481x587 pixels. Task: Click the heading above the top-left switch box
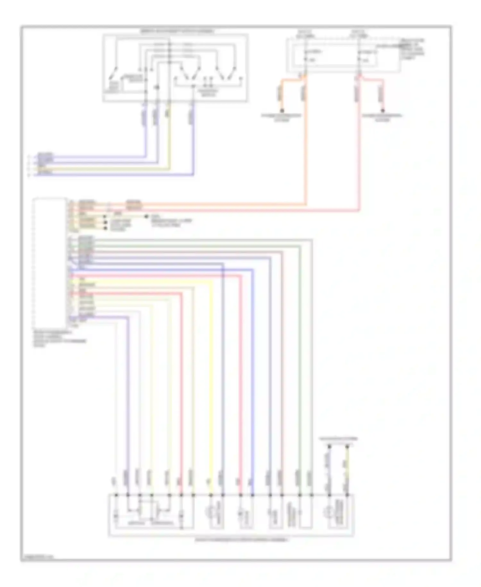pos(178,31)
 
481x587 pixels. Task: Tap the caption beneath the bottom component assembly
pos(241,540)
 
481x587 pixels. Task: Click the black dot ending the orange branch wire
pos(282,110)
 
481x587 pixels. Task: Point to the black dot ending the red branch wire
pos(383,110)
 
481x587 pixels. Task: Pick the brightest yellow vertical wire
pos(211,385)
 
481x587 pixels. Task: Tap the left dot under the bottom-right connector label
pos(329,446)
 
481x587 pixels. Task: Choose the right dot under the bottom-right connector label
pos(347,446)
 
